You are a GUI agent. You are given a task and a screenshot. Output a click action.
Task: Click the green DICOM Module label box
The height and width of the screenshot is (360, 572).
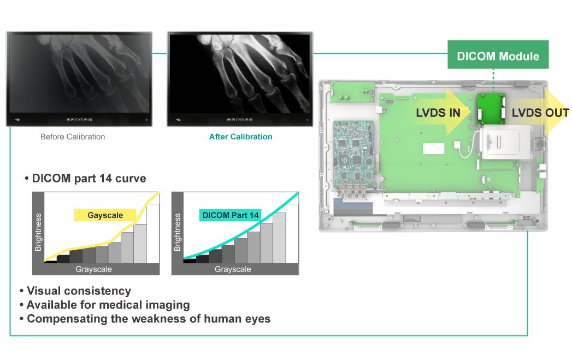click(x=498, y=54)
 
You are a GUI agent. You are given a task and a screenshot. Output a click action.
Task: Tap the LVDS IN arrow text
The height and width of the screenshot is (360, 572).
click(x=438, y=113)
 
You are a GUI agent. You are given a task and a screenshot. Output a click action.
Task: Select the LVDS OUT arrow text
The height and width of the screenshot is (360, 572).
click(x=540, y=113)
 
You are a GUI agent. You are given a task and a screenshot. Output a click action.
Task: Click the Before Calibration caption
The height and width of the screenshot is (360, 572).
click(x=73, y=137)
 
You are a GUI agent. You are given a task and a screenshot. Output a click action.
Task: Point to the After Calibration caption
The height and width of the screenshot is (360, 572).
click(x=240, y=137)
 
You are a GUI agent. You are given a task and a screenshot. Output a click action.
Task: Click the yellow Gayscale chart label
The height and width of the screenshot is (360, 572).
click(x=105, y=215)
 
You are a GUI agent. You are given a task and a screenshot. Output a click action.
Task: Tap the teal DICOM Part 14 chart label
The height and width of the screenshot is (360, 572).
click(x=230, y=215)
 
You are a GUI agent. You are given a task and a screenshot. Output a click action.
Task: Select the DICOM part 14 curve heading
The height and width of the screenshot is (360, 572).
click(x=89, y=178)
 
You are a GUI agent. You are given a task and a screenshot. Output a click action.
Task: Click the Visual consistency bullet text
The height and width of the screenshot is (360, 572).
click(x=79, y=291)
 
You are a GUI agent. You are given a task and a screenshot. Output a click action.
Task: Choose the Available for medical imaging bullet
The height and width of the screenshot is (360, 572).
click(x=108, y=305)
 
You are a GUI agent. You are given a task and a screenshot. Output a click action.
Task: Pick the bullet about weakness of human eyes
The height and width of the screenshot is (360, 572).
click(x=149, y=319)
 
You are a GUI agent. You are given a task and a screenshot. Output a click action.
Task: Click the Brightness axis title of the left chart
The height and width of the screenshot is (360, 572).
click(x=38, y=232)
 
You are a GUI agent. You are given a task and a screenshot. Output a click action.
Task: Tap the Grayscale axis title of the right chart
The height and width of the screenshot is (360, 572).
click(x=233, y=269)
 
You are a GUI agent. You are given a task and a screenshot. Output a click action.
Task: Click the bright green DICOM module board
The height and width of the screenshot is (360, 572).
click(x=491, y=109)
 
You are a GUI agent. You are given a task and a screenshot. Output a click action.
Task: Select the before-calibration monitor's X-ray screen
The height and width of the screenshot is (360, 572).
click(x=79, y=74)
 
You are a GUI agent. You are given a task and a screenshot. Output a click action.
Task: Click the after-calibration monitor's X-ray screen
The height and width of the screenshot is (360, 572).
click(x=240, y=74)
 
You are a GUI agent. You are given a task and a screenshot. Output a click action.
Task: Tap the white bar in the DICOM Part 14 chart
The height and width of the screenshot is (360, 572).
click(x=292, y=233)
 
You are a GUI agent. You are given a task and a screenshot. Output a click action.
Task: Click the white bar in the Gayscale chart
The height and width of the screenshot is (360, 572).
click(x=153, y=233)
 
